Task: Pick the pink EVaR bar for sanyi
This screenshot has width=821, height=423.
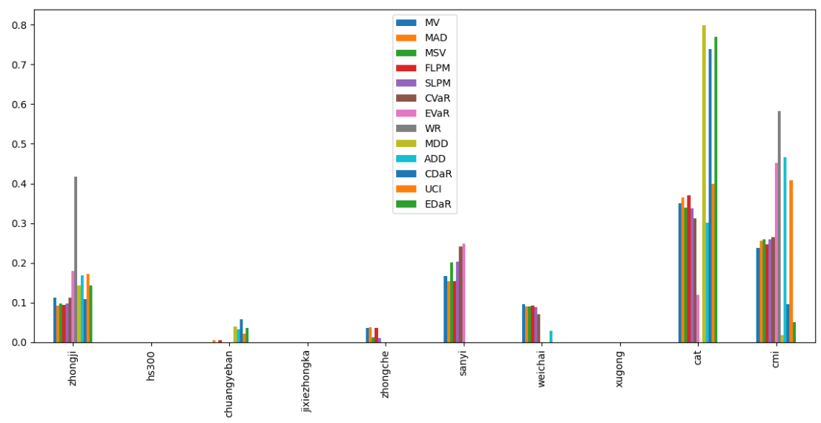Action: [464, 293]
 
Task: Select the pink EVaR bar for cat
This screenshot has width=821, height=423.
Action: [698, 318]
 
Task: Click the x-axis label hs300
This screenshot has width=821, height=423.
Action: [151, 365]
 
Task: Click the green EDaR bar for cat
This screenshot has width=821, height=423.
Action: [716, 189]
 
